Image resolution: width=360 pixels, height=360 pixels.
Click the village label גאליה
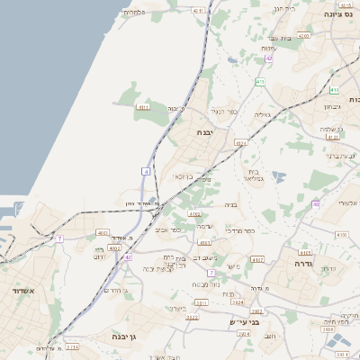[x=262, y=114]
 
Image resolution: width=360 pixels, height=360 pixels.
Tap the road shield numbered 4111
[x=144, y=107]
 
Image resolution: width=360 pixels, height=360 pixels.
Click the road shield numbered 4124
[x=240, y=143]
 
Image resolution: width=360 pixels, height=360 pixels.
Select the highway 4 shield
[x=145, y=171]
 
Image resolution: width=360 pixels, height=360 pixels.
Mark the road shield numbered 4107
[x=257, y=260]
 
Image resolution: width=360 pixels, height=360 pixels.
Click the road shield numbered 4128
[x=334, y=138]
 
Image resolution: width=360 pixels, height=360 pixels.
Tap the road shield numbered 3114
[x=72, y=346]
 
